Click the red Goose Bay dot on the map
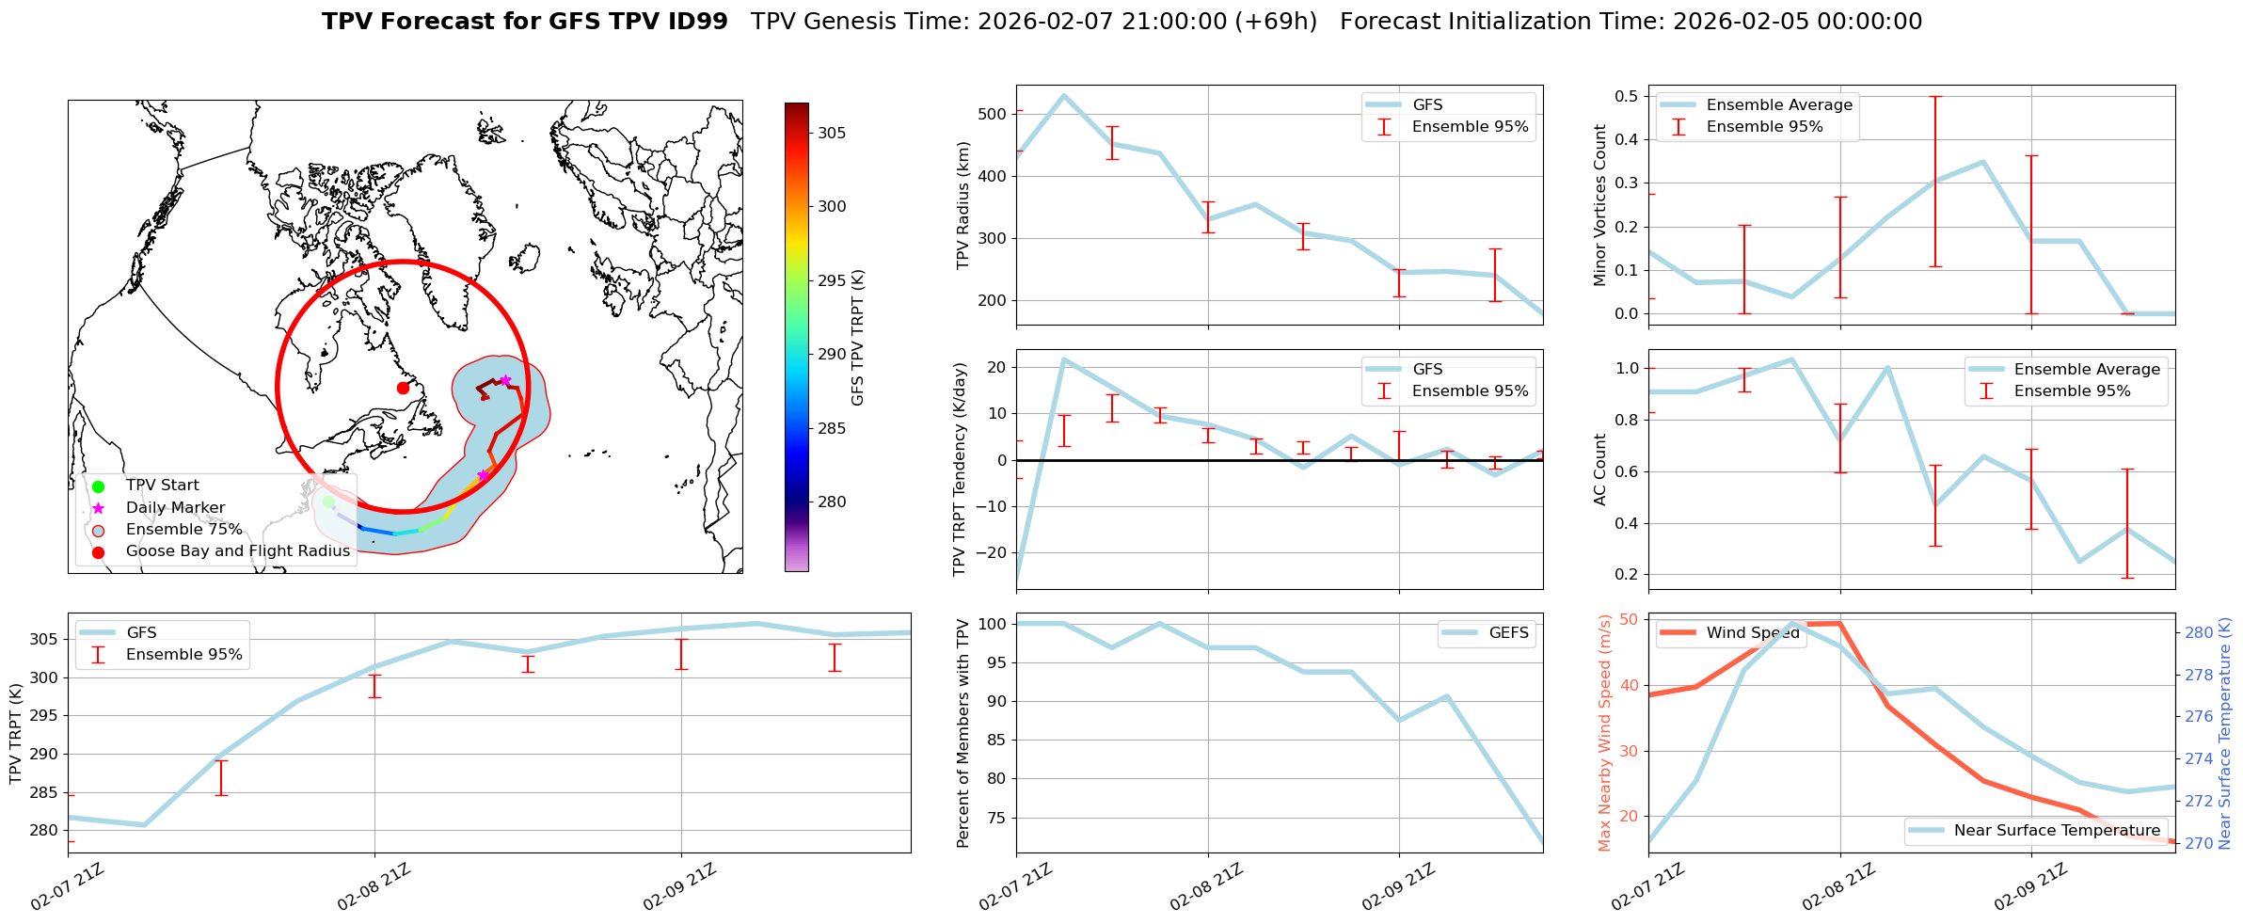tap(403, 388)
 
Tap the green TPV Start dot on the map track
tap(328, 502)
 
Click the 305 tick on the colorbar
tap(831, 133)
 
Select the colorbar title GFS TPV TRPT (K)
tap(857, 337)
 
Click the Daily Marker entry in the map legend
tap(175, 507)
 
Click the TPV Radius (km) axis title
tap(962, 205)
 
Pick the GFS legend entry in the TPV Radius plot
tap(1427, 104)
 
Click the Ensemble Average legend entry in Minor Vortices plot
tap(1779, 104)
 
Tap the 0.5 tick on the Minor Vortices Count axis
tap(1625, 96)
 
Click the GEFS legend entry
tap(1508, 632)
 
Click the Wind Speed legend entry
tap(1753, 632)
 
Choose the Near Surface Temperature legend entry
tap(2057, 830)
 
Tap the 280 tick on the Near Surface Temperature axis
tap(2199, 632)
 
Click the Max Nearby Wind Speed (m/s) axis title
tap(1604, 732)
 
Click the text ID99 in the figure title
tap(695, 22)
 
